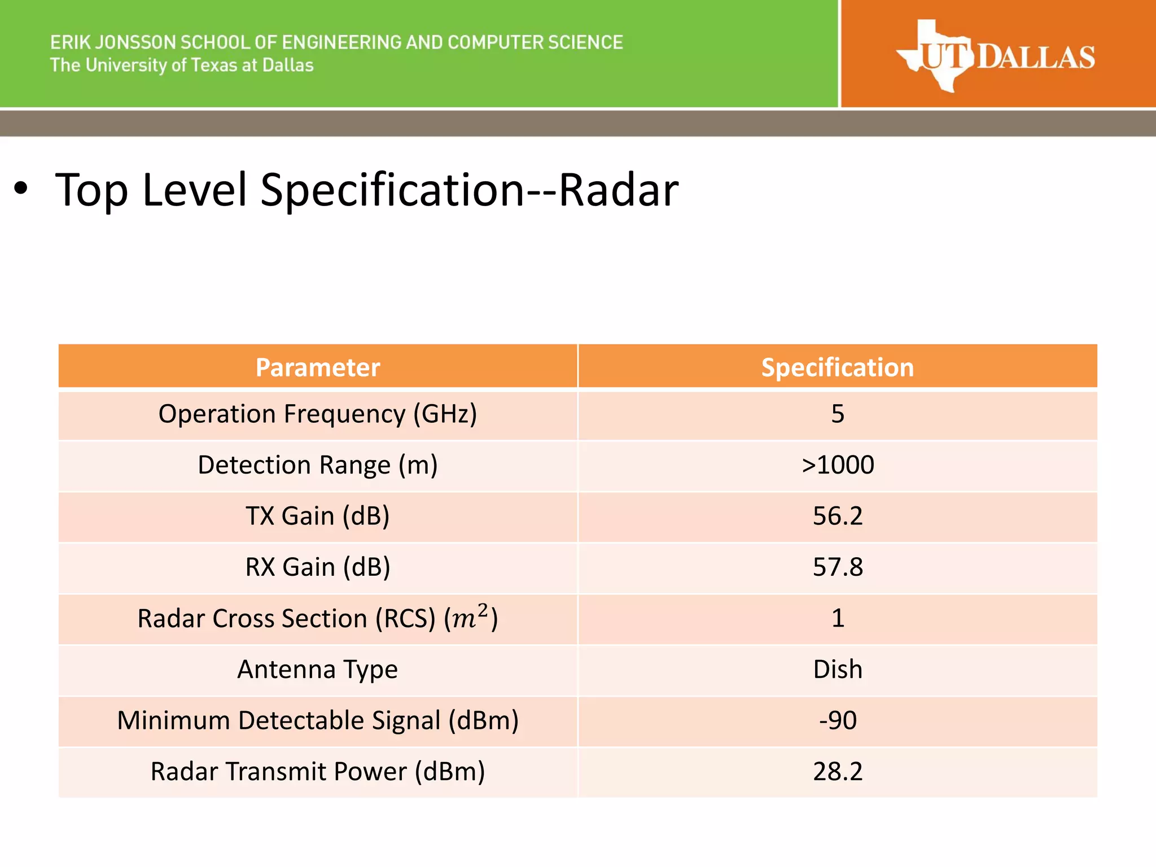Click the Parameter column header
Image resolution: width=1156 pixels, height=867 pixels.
click(318, 367)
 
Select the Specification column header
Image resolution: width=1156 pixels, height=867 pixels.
click(837, 367)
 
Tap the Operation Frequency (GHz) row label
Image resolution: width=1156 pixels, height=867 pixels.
click(318, 414)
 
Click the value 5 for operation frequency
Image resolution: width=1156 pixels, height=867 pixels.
click(838, 414)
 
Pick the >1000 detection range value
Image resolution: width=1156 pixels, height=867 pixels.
click(838, 465)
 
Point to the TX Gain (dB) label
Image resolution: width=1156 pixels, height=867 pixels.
click(318, 516)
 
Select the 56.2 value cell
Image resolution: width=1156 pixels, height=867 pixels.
click(838, 516)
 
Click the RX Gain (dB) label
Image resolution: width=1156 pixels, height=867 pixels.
click(318, 567)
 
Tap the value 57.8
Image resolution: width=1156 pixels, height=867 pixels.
click(838, 567)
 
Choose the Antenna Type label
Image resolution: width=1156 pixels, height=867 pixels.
click(318, 669)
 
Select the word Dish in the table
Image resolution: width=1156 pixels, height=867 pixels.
click(838, 669)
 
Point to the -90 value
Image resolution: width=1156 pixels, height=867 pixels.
click(838, 721)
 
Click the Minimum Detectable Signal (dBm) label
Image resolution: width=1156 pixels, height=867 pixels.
click(318, 721)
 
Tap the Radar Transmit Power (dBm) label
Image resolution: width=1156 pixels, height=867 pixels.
click(318, 772)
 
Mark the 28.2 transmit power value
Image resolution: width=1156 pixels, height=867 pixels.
click(838, 772)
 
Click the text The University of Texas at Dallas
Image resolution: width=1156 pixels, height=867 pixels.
click(182, 65)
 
